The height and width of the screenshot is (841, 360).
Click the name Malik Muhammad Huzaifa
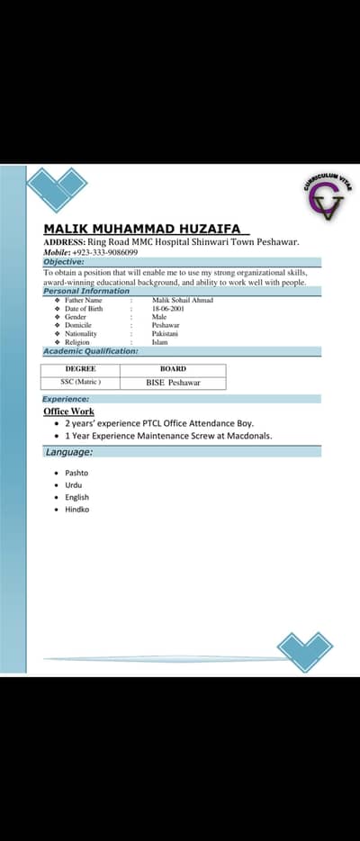tap(142, 230)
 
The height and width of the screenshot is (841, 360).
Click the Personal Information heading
tap(86, 291)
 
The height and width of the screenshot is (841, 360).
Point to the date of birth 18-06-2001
tap(168, 308)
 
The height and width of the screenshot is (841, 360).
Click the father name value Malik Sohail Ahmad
tap(183, 300)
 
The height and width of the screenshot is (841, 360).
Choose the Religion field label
tap(77, 342)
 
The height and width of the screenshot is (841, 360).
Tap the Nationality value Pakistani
tap(165, 333)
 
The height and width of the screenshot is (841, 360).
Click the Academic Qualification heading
tap(91, 350)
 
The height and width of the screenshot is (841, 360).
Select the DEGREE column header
tap(81, 369)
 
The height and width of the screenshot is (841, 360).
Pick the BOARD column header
tap(173, 369)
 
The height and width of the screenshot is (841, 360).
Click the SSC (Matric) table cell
tap(81, 382)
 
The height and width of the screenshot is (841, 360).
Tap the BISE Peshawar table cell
tap(173, 383)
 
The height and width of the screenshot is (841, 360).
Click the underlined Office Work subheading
tap(69, 411)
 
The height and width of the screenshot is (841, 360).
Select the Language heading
tap(69, 452)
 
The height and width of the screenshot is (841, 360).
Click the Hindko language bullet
tap(76, 510)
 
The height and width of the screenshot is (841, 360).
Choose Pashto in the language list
tap(76, 473)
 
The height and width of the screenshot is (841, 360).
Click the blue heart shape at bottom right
tap(304, 651)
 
